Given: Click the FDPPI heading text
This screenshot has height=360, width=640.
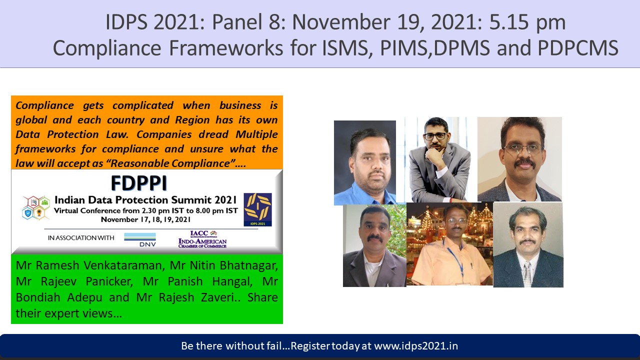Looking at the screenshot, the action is [139, 183].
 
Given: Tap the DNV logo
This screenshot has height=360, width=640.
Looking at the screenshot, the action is [140, 239].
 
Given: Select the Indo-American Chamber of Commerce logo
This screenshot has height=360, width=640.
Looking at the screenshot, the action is [202, 239].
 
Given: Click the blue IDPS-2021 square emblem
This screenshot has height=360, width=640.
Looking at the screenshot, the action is [257, 209].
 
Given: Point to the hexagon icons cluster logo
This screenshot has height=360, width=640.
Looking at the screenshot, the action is [36, 207].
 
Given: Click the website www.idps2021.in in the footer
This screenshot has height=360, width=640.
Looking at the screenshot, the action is [416, 346].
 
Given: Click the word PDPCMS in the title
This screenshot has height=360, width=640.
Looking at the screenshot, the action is [578, 48].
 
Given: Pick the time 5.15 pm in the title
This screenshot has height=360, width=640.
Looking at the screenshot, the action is [527, 22].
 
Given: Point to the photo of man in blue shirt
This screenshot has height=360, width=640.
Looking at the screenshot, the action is [365, 162].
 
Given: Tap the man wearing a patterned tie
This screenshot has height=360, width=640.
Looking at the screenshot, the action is [528, 245].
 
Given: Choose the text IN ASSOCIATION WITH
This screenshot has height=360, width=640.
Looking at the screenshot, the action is [81, 237].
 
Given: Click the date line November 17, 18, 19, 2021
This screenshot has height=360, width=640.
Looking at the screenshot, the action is [145, 219].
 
